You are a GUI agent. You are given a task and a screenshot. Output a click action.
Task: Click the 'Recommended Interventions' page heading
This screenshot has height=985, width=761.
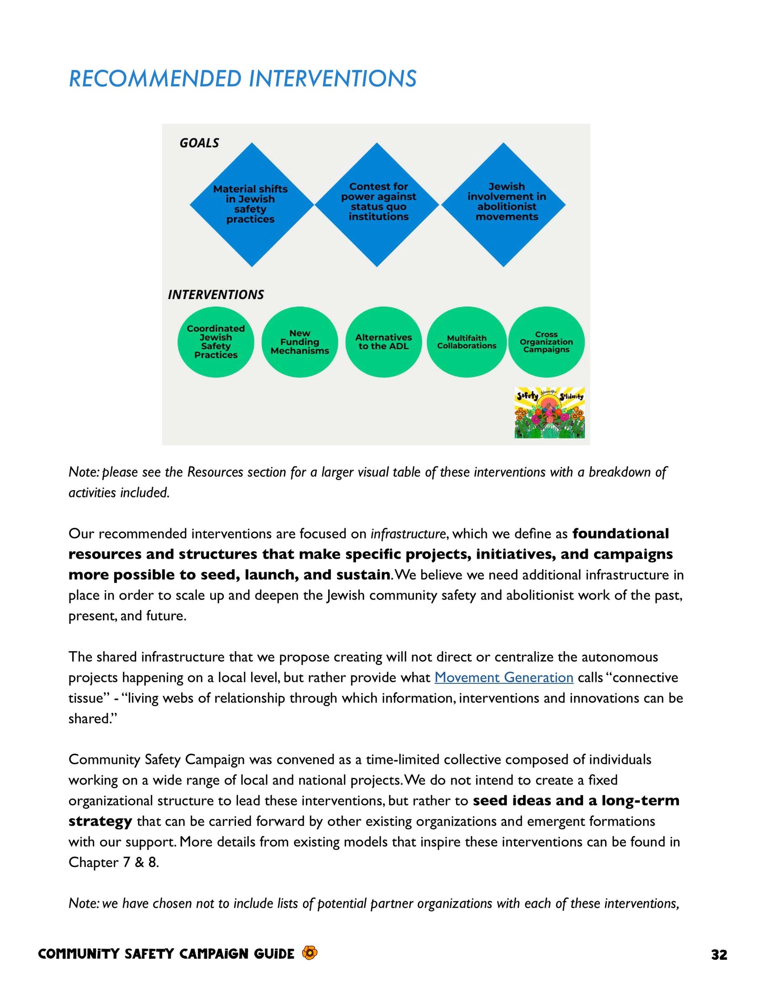[242, 79]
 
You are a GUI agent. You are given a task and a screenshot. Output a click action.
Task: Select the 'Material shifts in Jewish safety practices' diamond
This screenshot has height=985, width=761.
[251, 204]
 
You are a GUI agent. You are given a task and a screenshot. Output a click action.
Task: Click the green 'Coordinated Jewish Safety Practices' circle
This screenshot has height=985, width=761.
[215, 342]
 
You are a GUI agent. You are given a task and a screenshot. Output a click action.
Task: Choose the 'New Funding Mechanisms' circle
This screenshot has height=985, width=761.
[300, 342]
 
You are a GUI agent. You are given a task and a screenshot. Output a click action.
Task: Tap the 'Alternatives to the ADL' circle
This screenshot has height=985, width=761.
[383, 342]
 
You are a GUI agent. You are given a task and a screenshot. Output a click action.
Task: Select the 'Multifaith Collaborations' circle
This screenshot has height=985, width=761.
[467, 342]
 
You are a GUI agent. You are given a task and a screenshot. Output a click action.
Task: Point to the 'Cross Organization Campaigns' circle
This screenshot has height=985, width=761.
[546, 342]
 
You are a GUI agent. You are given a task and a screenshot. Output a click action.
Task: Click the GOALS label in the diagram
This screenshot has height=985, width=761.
[199, 143]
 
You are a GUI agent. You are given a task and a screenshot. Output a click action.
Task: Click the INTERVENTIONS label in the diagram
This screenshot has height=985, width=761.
[216, 295]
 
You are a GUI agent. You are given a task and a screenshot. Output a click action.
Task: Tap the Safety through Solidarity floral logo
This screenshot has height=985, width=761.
[549, 413]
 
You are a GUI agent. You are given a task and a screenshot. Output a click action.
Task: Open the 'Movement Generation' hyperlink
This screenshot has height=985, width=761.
[503, 678]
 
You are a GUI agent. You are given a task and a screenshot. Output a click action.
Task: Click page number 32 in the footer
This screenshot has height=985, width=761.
[719, 955]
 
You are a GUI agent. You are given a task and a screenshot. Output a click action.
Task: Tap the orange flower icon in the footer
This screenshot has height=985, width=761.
[310, 953]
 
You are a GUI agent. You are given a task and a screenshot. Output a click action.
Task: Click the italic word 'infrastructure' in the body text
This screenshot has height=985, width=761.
[408, 534]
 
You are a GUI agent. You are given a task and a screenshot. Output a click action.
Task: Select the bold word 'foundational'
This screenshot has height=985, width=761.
[620, 534]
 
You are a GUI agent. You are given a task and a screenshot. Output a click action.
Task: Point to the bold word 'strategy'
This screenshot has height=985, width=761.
[100, 822]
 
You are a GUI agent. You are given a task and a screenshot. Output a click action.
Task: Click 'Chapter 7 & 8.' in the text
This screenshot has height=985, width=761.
[113, 862]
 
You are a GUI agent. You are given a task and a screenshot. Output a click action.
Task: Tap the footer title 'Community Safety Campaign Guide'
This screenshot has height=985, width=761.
[166, 954]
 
